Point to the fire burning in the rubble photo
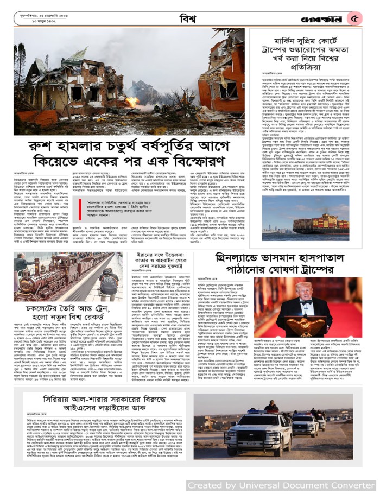[x=132, y=102]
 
